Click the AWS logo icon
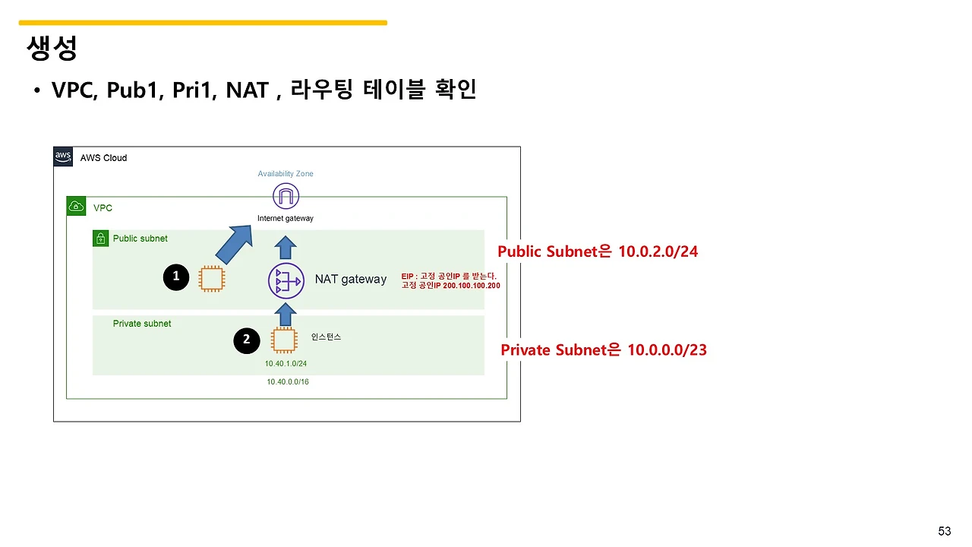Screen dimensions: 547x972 tap(63, 157)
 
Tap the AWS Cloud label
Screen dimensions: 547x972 tap(103, 158)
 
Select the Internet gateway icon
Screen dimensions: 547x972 tap(286, 197)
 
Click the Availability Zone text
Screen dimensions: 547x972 tap(286, 174)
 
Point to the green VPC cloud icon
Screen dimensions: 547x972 tap(76, 206)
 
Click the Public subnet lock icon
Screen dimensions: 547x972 tap(100, 239)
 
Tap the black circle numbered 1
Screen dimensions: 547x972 tap(176, 277)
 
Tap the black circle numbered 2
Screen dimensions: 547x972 tap(246, 340)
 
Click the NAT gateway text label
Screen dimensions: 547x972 tap(351, 280)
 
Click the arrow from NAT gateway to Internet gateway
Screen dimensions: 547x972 tap(286, 247)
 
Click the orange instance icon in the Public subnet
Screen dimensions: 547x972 tap(212, 278)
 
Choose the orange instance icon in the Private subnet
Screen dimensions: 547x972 tap(284, 340)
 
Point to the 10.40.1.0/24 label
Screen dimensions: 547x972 tap(286, 364)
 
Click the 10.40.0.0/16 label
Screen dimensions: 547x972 tap(288, 381)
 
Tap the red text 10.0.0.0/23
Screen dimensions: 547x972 tap(667, 350)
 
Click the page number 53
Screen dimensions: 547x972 tap(945, 531)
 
